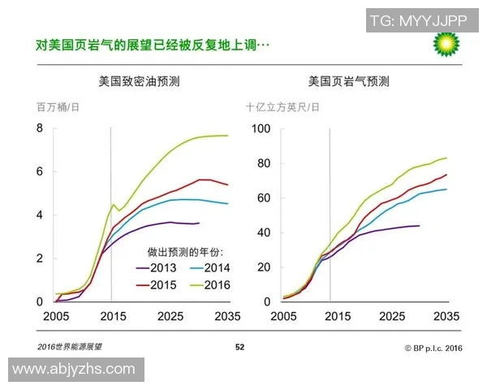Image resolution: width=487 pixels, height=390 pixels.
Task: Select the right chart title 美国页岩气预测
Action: pos(348,81)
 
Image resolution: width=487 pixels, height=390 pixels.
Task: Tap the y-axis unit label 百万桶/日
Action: pos(58,107)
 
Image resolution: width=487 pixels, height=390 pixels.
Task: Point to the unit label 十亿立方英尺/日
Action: pos(282,107)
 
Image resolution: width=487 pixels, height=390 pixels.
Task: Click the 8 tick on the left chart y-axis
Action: pos(38,128)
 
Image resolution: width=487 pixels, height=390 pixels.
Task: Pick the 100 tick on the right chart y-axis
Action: pos(260,128)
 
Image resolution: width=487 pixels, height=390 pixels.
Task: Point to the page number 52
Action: pos(239,347)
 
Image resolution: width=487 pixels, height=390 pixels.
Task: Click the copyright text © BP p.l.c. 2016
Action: pos(433,347)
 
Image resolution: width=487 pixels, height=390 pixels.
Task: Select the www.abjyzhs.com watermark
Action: pos(76,370)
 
